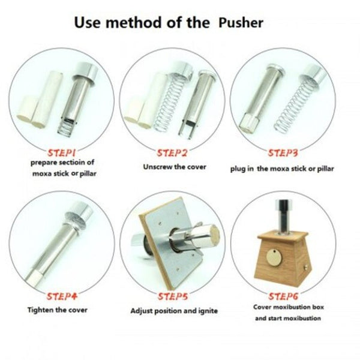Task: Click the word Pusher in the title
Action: [x=241, y=23]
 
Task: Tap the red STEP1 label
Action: [x=62, y=152]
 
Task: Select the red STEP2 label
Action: [x=172, y=153]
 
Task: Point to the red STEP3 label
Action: [x=283, y=153]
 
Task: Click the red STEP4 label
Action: [x=62, y=296]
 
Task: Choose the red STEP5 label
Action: [x=173, y=296]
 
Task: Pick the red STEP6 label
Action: [x=283, y=296]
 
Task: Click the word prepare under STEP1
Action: [x=44, y=163]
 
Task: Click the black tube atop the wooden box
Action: [x=283, y=216]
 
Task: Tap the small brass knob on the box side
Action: [x=306, y=268]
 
